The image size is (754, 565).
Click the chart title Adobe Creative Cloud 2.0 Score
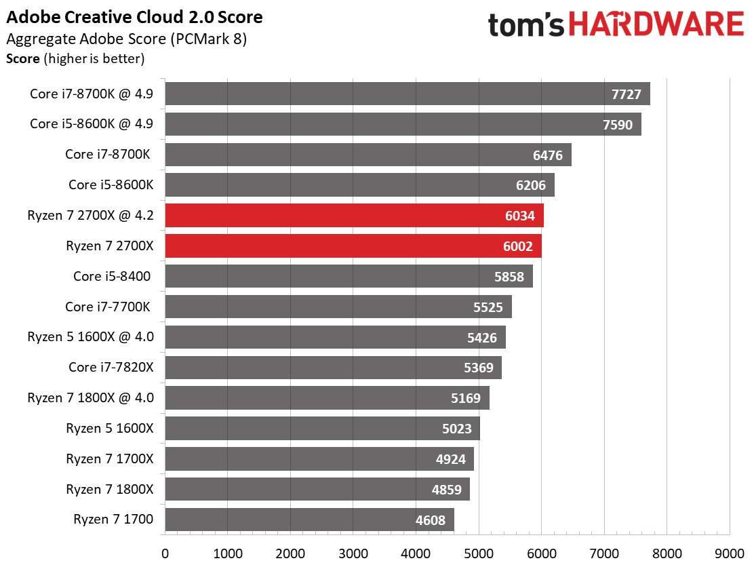(134, 18)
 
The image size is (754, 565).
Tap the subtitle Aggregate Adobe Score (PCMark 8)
(127, 39)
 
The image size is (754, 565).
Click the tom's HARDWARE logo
(616, 24)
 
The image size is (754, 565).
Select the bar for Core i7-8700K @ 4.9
(408, 94)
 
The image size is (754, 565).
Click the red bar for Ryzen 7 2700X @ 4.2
(355, 216)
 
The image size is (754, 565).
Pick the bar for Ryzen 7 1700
(309, 520)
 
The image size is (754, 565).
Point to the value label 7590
(618, 125)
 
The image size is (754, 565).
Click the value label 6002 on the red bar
(518, 247)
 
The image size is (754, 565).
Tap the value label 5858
(509, 277)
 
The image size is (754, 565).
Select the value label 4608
(431, 520)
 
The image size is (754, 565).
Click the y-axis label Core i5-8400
(112, 276)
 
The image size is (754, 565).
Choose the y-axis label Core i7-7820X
(111, 368)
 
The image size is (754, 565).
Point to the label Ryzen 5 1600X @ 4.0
(90, 337)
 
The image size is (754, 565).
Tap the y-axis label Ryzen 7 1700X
(110, 459)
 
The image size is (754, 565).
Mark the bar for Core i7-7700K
(338, 307)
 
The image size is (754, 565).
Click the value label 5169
(465, 399)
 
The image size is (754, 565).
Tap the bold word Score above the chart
(22, 58)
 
